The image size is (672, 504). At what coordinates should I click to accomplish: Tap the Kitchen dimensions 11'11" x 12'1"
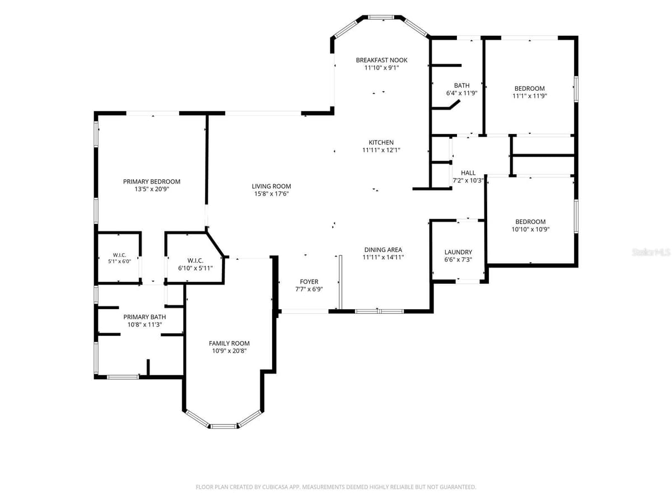[x=381, y=150]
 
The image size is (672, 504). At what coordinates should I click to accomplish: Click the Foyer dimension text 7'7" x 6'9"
[x=309, y=289]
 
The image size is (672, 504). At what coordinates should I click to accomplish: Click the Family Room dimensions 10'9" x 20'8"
[x=229, y=351]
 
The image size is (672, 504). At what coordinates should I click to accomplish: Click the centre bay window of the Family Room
[x=223, y=426]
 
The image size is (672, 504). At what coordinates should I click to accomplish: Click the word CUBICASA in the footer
[x=274, y=487]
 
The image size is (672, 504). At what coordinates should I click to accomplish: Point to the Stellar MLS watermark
[x=651, y=252]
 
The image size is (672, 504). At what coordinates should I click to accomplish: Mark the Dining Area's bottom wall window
[x=379, y=311]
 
